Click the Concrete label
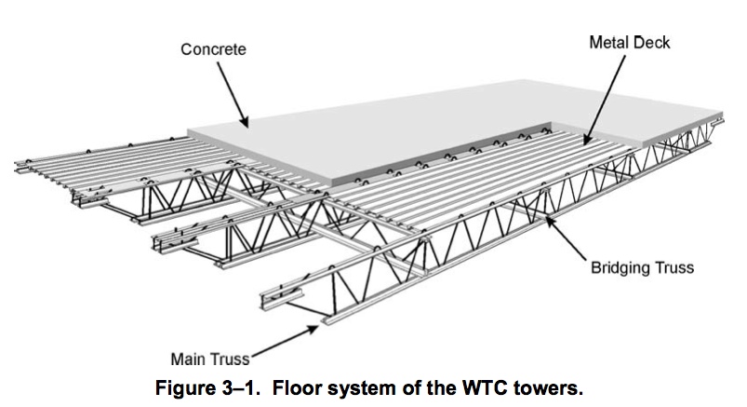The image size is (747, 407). click(213, 49)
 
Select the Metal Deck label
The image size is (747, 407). click(630, 42)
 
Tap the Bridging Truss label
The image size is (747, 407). click(643, 269)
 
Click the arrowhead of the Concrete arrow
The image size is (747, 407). click(247, 124)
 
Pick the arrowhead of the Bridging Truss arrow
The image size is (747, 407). click(550, 218)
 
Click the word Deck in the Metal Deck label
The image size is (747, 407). click(651, 42)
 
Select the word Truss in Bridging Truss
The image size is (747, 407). click(673, 269)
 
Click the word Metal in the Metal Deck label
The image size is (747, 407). click(609, 42)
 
